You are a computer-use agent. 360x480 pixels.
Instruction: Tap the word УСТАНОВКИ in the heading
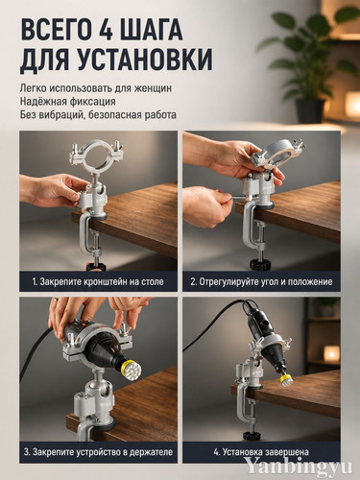146,60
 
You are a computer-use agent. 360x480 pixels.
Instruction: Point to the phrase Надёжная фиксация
67,101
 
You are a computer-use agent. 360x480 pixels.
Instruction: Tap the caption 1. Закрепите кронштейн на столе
98,281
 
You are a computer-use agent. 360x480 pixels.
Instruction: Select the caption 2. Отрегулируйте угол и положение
261,281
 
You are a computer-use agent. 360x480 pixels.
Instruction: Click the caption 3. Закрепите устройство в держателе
98,452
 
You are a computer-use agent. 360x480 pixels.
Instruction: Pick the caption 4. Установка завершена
261,452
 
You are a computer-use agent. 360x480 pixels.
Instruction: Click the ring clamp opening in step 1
97,156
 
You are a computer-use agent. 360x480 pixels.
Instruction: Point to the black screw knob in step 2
259,264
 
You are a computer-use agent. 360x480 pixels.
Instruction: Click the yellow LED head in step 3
132,369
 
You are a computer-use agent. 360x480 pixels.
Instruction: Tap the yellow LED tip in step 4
285,381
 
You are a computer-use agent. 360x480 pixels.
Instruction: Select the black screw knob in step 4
252,435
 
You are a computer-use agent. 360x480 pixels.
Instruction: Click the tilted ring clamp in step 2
277,153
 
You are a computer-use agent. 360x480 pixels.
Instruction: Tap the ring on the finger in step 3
56,300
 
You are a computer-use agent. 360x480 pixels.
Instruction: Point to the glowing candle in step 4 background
331,353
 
